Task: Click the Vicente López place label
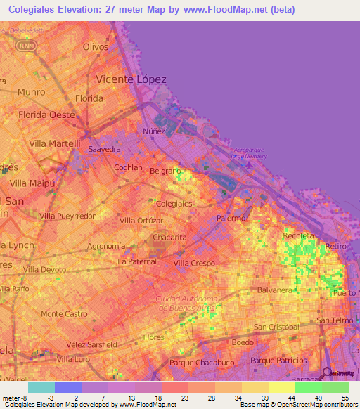coord(131,79)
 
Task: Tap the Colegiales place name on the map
coord(174,203)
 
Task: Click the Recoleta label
coord(298,236)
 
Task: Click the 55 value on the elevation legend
coord(345,397)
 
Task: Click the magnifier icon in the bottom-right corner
coord(326,375)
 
